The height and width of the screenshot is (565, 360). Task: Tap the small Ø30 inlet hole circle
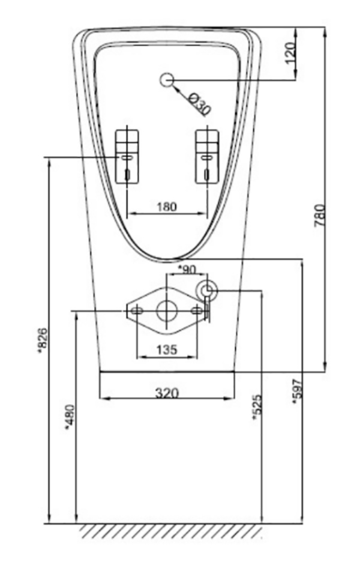pyautogui.click(x=167, y=79)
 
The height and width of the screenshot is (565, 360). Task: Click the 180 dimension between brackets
pyautogui.click(x=167, y=207)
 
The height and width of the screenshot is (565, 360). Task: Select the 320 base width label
pyautogui.click(x=167, y=393)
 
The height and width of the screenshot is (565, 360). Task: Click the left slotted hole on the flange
pyautogui.click(x=137, y=310)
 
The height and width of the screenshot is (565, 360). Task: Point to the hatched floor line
pyautogui.click(x=171, y=531)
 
